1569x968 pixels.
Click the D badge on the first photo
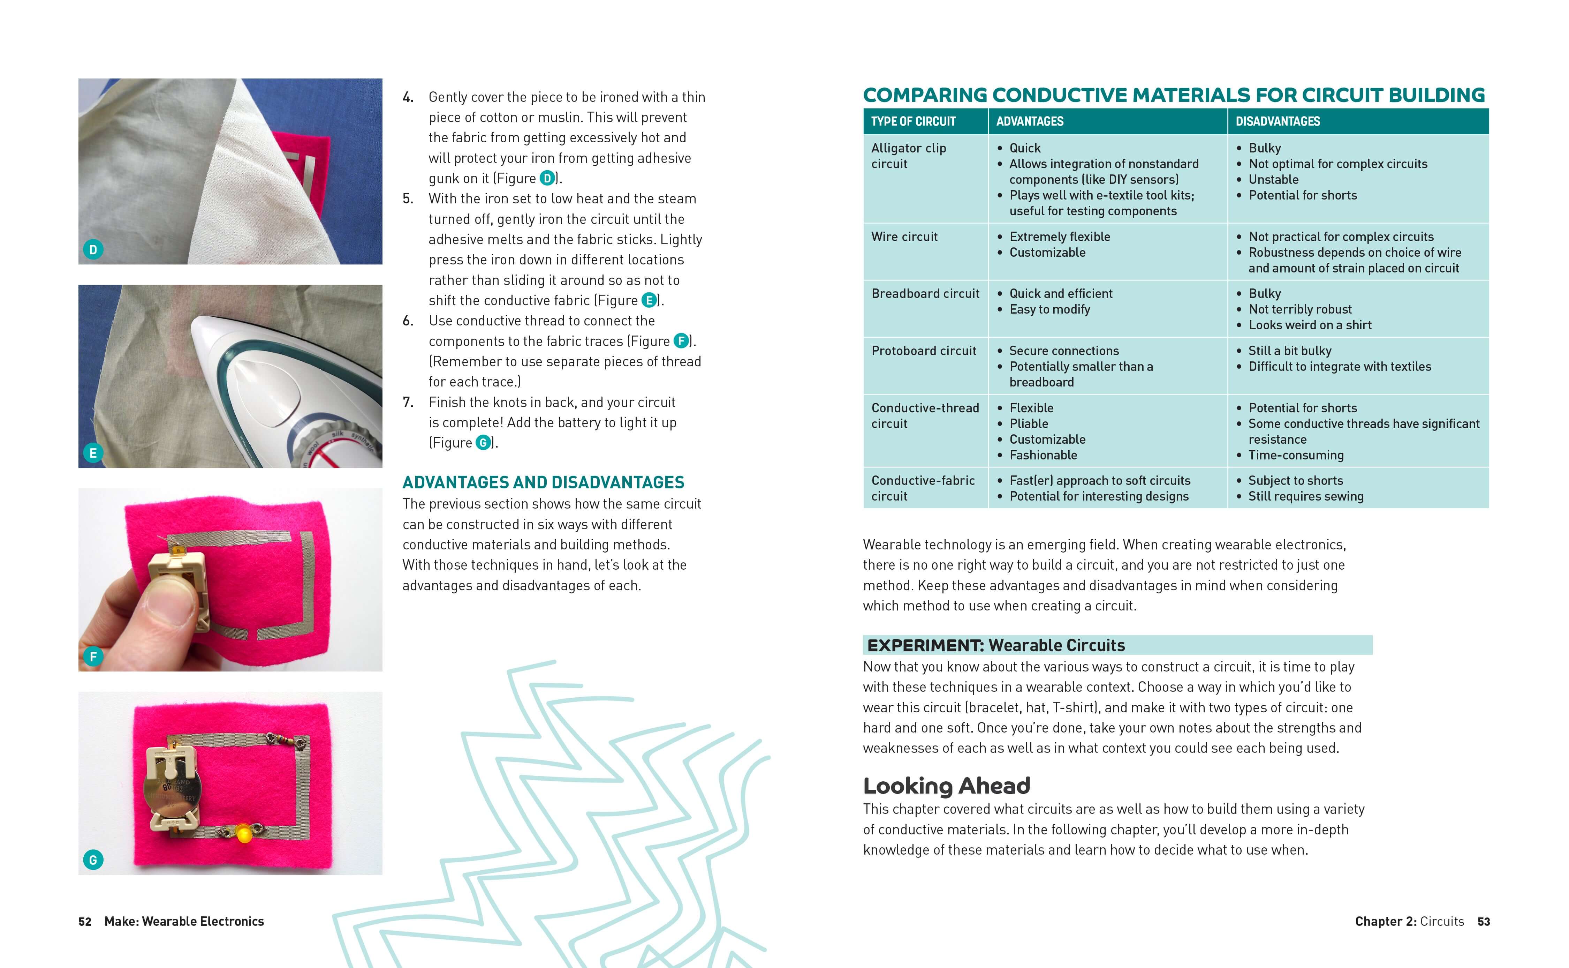pos(93,250)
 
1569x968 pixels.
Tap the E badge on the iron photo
pos(93,453)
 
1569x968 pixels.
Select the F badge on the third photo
pos(93,656)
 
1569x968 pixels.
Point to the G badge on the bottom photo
pos(93,860)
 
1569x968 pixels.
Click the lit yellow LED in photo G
pos(244,834)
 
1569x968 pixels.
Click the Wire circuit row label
pos(904,237)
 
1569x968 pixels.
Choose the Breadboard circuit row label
pos(925,294)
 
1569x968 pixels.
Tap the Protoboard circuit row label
pos(923,351)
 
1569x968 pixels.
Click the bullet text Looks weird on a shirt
pos(1310,325)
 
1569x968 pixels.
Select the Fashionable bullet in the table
pos(1043,455)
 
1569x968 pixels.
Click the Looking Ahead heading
pos(946,786)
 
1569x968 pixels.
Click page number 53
pos(1483,921)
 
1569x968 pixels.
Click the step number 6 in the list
pos(408,321)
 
